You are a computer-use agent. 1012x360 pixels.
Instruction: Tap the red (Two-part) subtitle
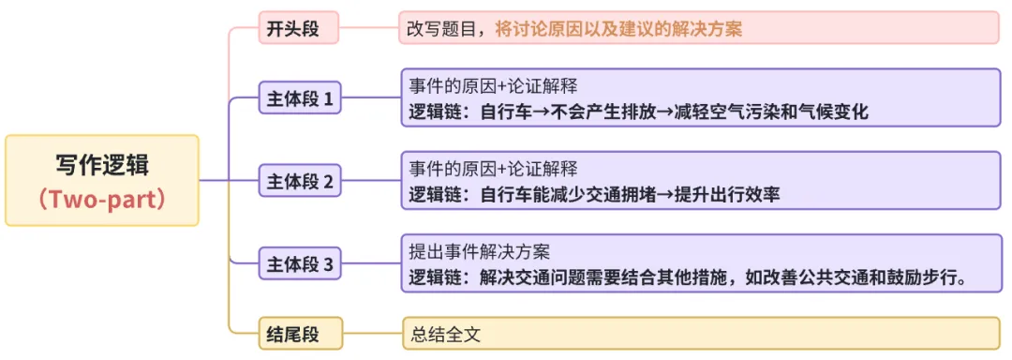click(102, 199)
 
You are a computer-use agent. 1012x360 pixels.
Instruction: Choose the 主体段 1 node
click(300, 97)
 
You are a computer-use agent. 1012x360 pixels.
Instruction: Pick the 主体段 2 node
click(300, 181)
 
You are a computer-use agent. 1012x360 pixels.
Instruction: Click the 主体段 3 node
click(300, 264)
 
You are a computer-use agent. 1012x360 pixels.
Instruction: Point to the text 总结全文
click(445, 333)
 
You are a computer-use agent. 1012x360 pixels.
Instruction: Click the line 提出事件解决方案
click(479, 251)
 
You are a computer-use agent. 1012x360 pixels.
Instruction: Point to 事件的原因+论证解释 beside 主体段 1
click(493, 86)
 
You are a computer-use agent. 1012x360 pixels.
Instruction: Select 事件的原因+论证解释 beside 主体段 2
click(493, 170)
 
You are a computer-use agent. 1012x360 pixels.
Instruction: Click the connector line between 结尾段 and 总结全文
click(372, 333)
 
